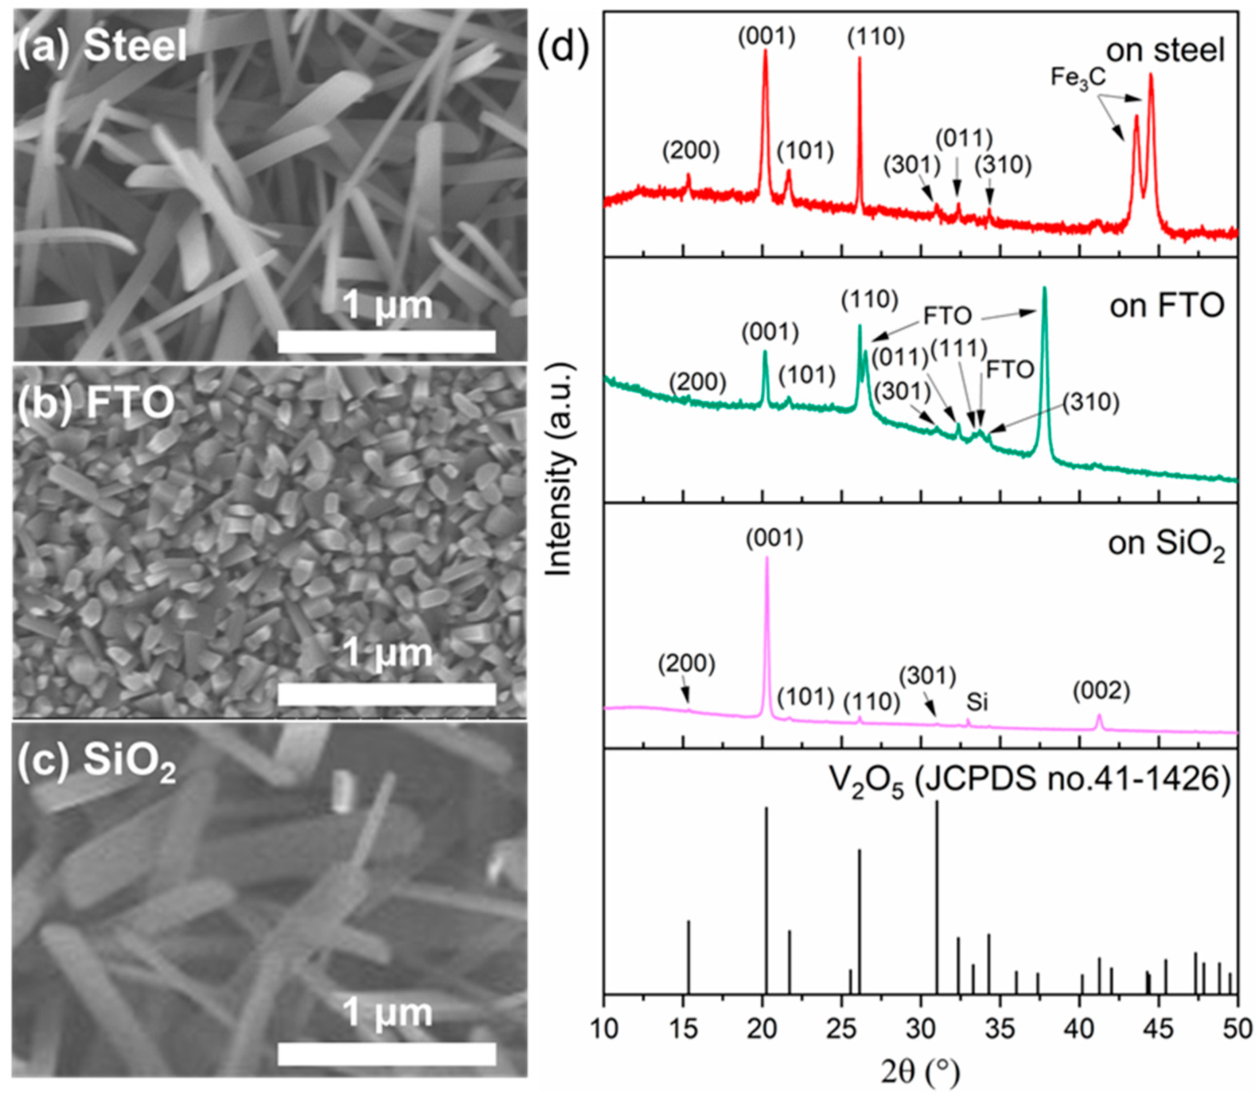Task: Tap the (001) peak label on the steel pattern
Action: coord(766,37)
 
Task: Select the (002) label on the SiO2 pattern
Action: coord(1101,691)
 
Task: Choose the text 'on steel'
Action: coord(1165,50)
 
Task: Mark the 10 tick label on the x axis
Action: coord(604,1029)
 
